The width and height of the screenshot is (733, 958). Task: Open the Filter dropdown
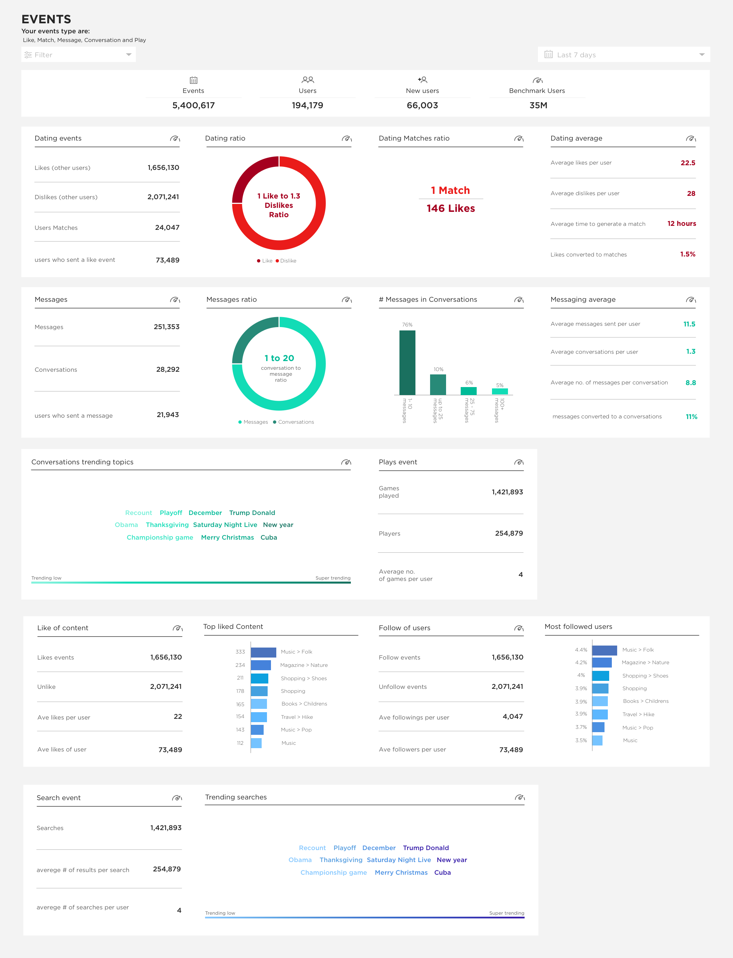tap(79, 55)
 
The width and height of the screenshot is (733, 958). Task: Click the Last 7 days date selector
tap(623, 55)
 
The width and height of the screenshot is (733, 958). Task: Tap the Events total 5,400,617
tap(193, 105)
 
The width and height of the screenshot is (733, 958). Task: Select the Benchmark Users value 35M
tap(538, 105)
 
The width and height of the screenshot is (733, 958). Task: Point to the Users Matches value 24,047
tap(167, 228)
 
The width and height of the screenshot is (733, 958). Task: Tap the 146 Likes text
tap(451, 208)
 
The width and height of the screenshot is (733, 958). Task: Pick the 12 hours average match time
tap(681, 224)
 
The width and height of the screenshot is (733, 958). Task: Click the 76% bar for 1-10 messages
tap(407, 362)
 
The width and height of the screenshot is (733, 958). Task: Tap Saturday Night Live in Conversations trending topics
tap(225, 525)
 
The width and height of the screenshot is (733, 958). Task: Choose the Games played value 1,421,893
tap(507, 492)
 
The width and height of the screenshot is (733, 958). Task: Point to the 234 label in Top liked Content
tap(240, 665)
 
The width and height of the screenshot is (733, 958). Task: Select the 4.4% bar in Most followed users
tap(604, 650)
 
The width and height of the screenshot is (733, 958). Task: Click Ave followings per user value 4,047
tap(512, 717)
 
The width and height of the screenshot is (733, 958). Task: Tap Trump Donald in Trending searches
tap(425, 847)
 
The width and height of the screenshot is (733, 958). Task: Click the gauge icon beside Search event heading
tap(176, 798)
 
